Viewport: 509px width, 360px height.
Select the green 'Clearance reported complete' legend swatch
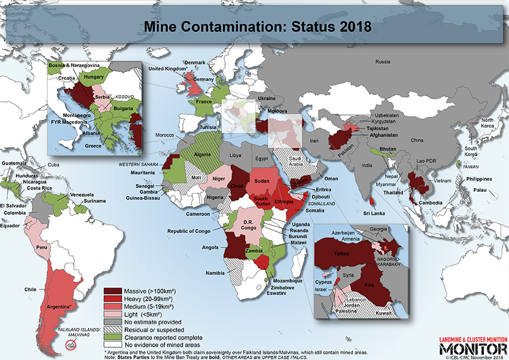click(114, 337)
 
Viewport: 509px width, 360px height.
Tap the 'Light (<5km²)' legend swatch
click(114, 313)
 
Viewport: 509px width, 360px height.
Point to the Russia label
click(382, 62)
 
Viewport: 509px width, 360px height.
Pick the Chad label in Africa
click(238, 186)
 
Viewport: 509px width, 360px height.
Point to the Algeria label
click(201, 155)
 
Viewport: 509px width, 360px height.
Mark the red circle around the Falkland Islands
click(71, 345)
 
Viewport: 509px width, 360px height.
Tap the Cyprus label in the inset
click(325, 282)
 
